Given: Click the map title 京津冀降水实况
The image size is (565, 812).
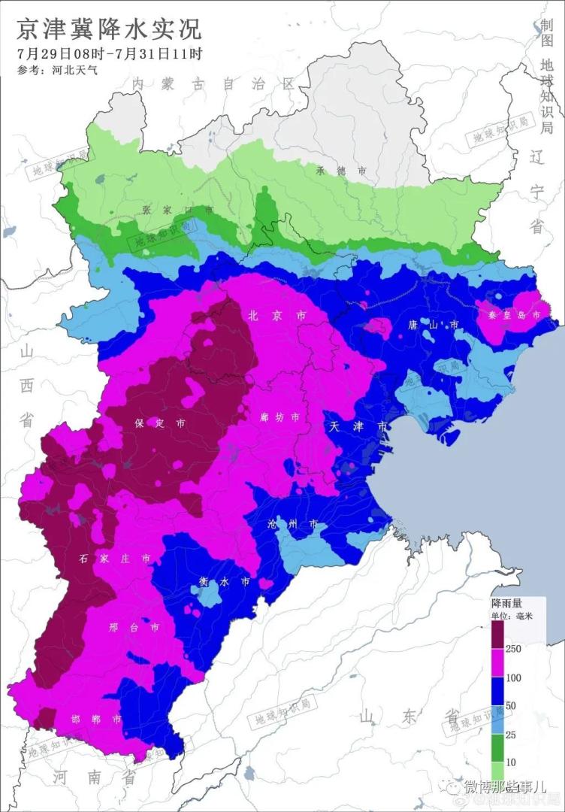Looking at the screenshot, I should point(110,30).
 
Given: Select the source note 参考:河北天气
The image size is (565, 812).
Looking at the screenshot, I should point(56,71).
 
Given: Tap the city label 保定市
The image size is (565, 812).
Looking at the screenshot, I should point(159,423).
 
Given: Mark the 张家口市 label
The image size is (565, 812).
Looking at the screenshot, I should point(177,210).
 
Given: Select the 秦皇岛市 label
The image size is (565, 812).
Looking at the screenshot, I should point(510,316).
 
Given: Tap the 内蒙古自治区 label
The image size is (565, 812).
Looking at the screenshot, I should point(213,83).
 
